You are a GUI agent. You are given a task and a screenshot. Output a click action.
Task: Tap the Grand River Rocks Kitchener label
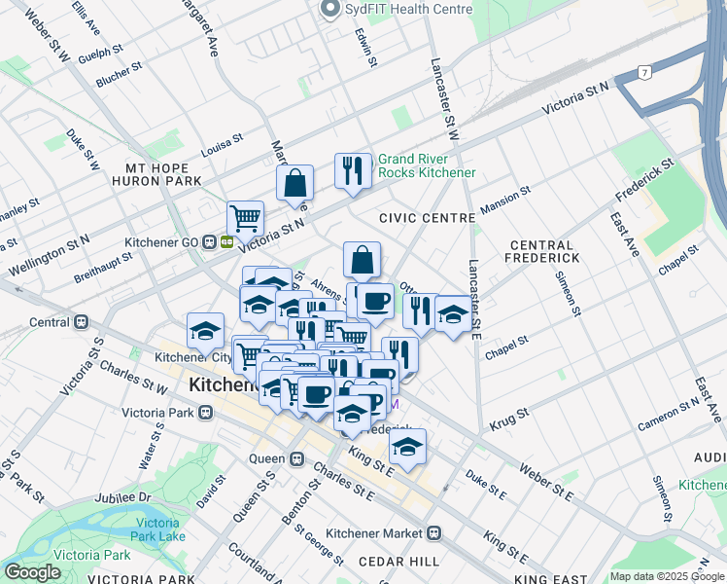(x=427, y=165)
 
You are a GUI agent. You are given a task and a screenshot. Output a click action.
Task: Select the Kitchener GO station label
(x=163, y=241)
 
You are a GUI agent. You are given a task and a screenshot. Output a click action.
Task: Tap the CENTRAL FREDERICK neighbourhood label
(x=542, y=251)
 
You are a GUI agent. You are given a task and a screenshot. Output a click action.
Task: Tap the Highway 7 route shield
(x=644, y=73)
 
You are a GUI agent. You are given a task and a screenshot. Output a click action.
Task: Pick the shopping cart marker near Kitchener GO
(x=245, y=217)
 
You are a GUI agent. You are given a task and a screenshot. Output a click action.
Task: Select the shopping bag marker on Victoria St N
(x=294, y=182)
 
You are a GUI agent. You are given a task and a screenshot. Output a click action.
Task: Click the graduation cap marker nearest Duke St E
(x=408, y=448)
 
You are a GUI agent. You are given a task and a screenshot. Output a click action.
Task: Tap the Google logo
(x=32, y=572)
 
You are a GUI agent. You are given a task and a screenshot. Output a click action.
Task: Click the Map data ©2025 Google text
(x=667, y=576)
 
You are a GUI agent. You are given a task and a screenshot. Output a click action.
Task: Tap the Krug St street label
(x=509, y=415)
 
